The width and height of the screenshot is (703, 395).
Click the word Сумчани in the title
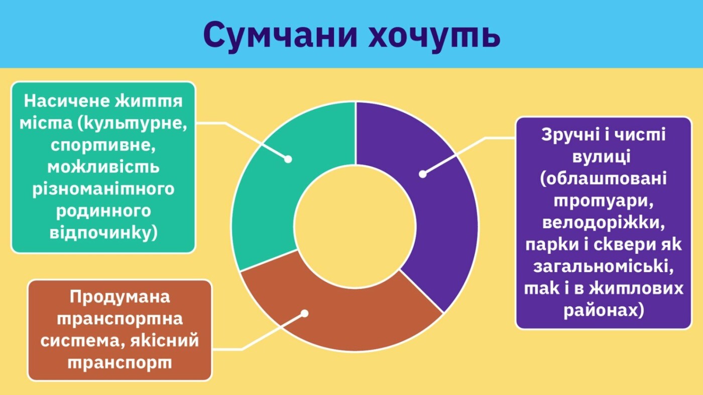click(281, 35)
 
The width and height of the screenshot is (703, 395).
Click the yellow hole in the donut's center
click(355, 227)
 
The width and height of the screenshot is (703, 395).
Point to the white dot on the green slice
click(288, 159)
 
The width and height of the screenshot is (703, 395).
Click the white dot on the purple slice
click(423, 174)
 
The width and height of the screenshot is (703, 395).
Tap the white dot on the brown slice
click(304, 313)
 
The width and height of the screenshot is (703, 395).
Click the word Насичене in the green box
click(67, 101)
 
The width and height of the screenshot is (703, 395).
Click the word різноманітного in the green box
click(103, 189)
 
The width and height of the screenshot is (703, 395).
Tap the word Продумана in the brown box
click(120, 297)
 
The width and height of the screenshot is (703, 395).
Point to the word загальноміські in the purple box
click(604, 267)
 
